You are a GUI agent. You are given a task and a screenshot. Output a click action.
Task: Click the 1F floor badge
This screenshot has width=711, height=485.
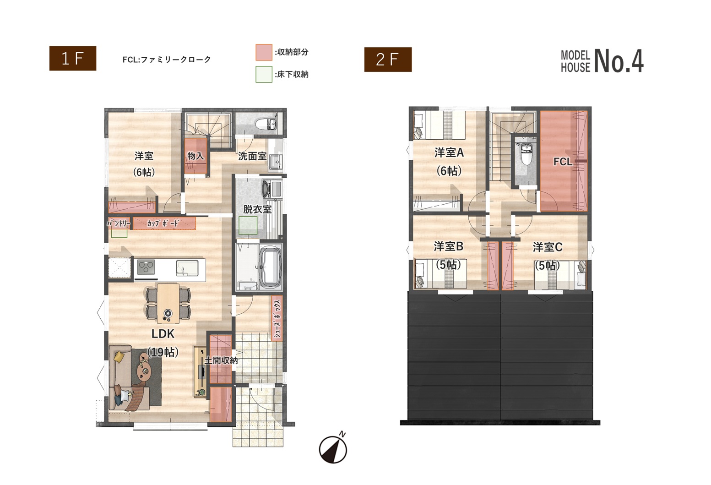tap(73, 59)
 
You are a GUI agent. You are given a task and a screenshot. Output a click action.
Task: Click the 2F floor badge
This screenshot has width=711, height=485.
tap(388, 60)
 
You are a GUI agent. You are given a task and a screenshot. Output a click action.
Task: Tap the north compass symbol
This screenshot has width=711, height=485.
tap(333, 448)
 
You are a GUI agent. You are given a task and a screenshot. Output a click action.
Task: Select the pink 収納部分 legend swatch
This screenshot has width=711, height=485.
tap(264, 52)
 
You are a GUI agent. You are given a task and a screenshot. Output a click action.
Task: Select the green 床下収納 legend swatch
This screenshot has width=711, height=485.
tap(264, 74)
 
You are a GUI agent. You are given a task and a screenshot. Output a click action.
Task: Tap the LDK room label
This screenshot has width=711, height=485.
tap(163, 333)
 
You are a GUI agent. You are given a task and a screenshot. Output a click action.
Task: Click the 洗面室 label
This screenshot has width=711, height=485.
tap(252, 156)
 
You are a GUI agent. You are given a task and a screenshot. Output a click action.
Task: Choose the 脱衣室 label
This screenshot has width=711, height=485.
tap(257, 209)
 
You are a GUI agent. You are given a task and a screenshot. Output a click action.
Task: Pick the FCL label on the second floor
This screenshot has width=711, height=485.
tap(563, 162)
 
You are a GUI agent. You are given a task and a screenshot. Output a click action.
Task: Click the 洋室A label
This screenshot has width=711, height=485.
tap(449, 153)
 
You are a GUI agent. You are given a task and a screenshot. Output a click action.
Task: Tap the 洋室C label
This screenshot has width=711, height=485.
tap(548, 247)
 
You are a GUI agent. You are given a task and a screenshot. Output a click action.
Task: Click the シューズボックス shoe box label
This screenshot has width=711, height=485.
tap(277, 318)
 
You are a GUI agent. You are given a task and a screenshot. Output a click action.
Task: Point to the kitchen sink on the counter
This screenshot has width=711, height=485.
tap(187, 268)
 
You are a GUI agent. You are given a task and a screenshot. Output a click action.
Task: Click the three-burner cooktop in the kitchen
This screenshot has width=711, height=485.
tap(146, 267)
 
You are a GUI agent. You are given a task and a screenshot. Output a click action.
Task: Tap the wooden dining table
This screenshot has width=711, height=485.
tap(168, 304)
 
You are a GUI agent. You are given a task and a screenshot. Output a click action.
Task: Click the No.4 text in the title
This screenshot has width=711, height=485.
tap(619, 61)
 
